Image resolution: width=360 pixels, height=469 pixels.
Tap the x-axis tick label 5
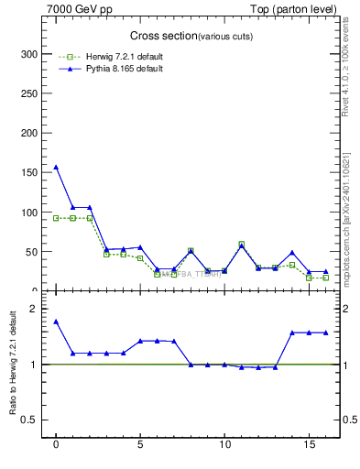[140, 447]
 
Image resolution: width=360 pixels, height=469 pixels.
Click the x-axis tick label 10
[224, 447]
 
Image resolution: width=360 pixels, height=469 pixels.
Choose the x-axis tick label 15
[309, 447]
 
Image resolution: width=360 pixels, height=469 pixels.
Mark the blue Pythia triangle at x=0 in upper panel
[56, 168]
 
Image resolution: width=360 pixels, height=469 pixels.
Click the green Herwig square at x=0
[56, 218]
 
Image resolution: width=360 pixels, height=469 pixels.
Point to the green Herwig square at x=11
[241, 244]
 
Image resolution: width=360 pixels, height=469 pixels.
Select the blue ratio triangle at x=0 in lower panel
[56, 322]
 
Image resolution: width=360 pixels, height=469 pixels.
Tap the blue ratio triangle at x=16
[325, 333]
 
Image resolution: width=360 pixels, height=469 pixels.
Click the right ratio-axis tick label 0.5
[348, 420]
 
